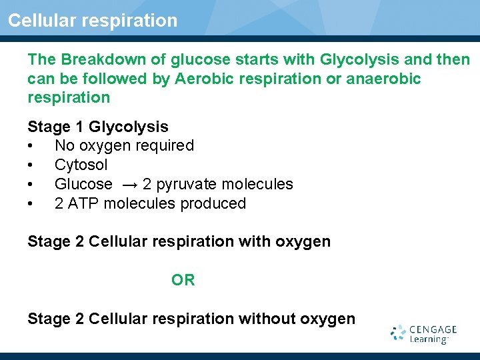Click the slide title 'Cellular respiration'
[x=93, y=21]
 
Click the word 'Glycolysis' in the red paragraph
[x=356, y=60]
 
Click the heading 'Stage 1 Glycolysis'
[x=98, y=127]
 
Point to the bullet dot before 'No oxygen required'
[x=31, y=146]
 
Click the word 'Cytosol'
[x=81, y=165]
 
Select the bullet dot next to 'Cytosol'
[x=31, y=165]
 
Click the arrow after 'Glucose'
[x=127, y=185]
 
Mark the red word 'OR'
[x=183, y=280]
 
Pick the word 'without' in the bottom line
[x=268, y=319]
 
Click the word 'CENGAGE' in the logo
[x=433, y=329]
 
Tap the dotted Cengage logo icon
[x=399, y=333]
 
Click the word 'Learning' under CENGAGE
[x=429, y=339]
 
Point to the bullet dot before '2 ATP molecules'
[x=31, y=204]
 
